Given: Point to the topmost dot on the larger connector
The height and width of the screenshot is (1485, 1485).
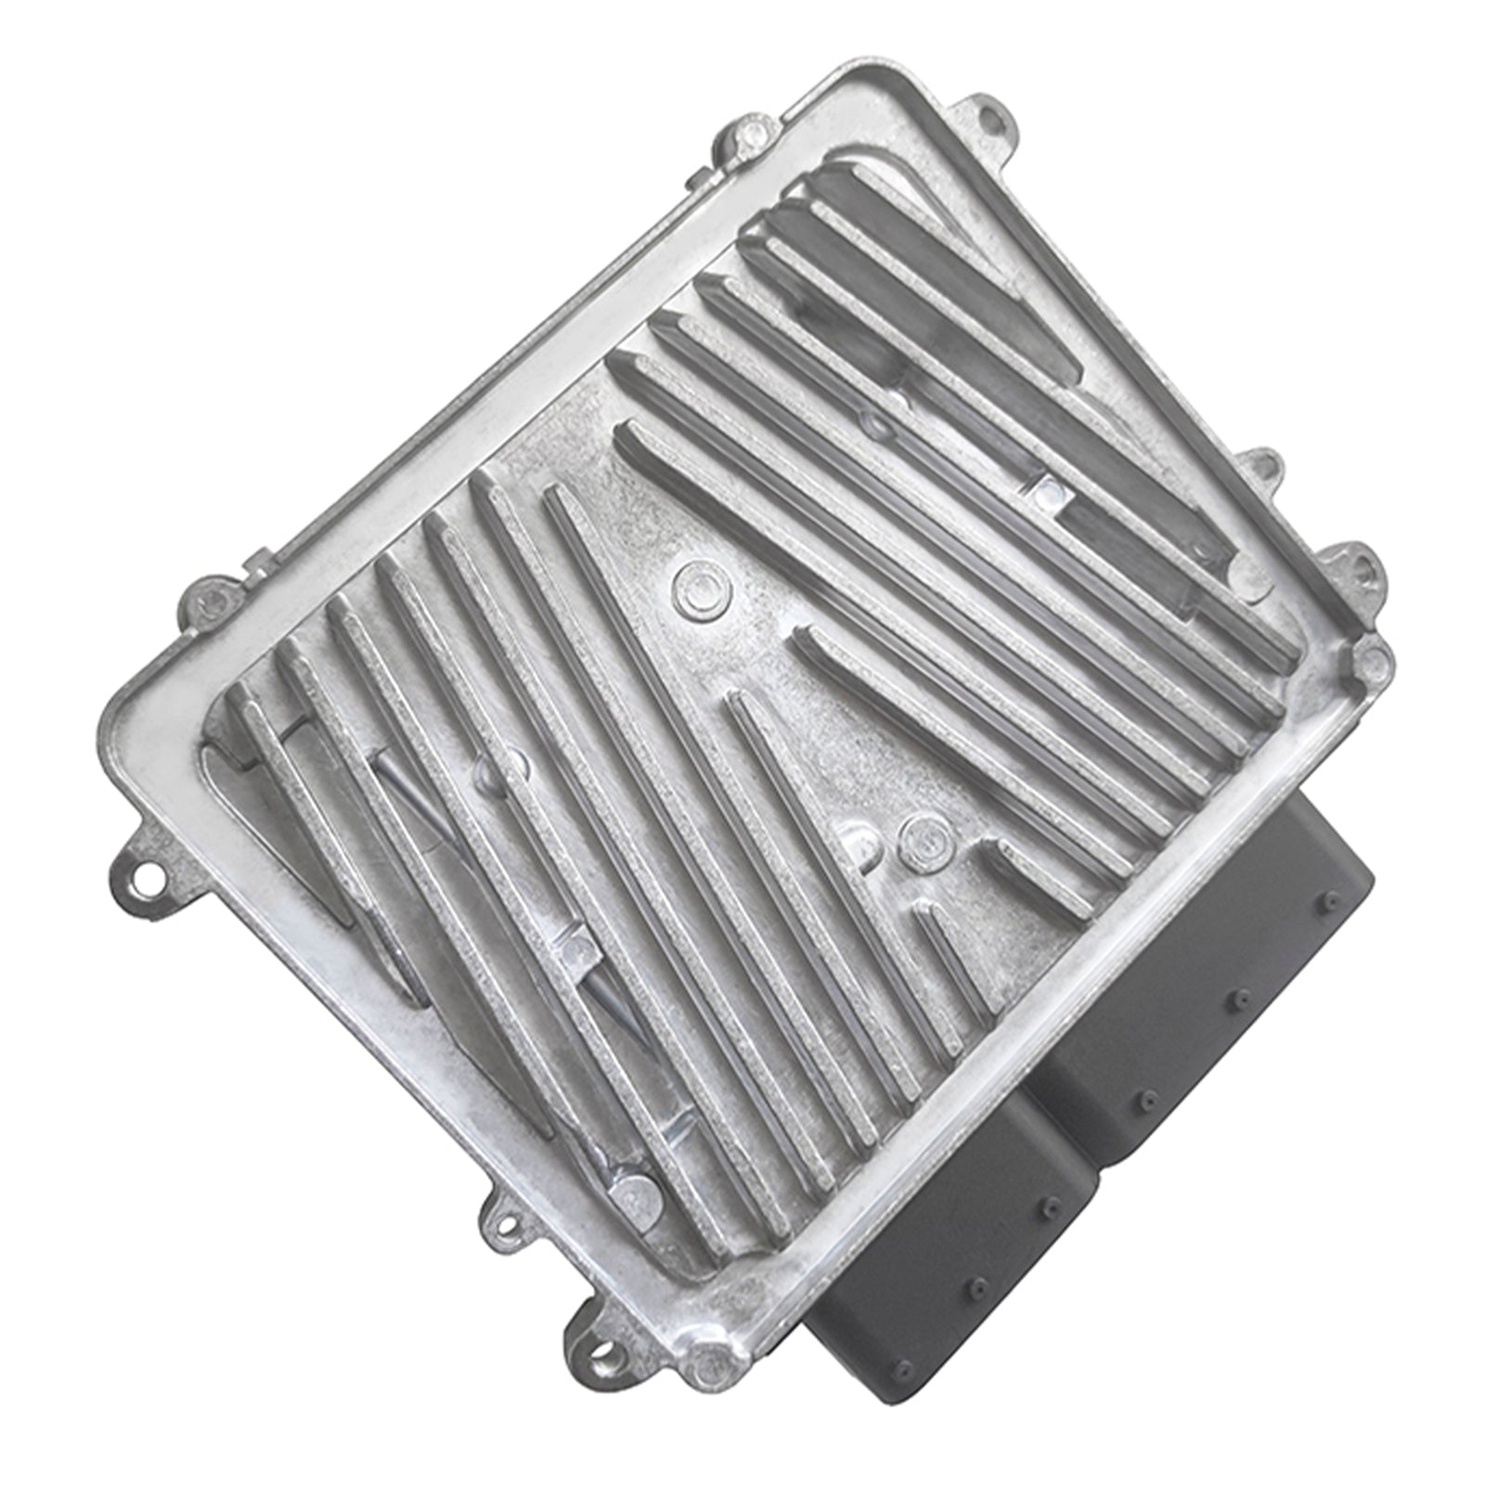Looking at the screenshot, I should click(x=1332, y=900).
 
